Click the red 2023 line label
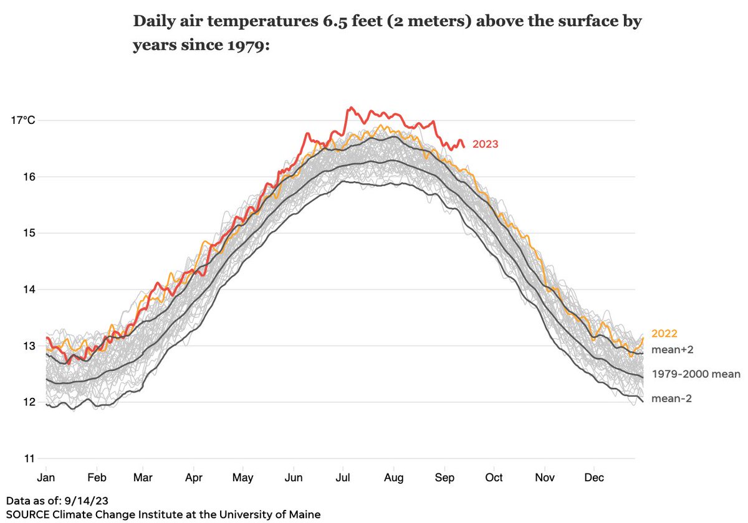pyautogui.click(x=485, y=144)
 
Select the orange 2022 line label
pyautogui.click(x=664, y=334)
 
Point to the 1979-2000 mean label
pyautogui.click(x=696, y=374)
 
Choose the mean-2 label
pyautogui.click(x=672, y=398)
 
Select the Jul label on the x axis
pyautogui.click(x=343, y=478)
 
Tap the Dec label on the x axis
pyautogui.click(x=594, y=478)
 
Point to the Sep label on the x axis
pyautogui.click(x=444, y=478)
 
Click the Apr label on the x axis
pyautogui.click(x=193, y=478)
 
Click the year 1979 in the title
pyautogui.click(x=239, y=46)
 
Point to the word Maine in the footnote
pyautogui.click(x=305, y=515)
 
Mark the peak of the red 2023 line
pyautogui.click(x=351, y=107)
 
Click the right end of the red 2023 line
pyautogui.click(x=464, y=147)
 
